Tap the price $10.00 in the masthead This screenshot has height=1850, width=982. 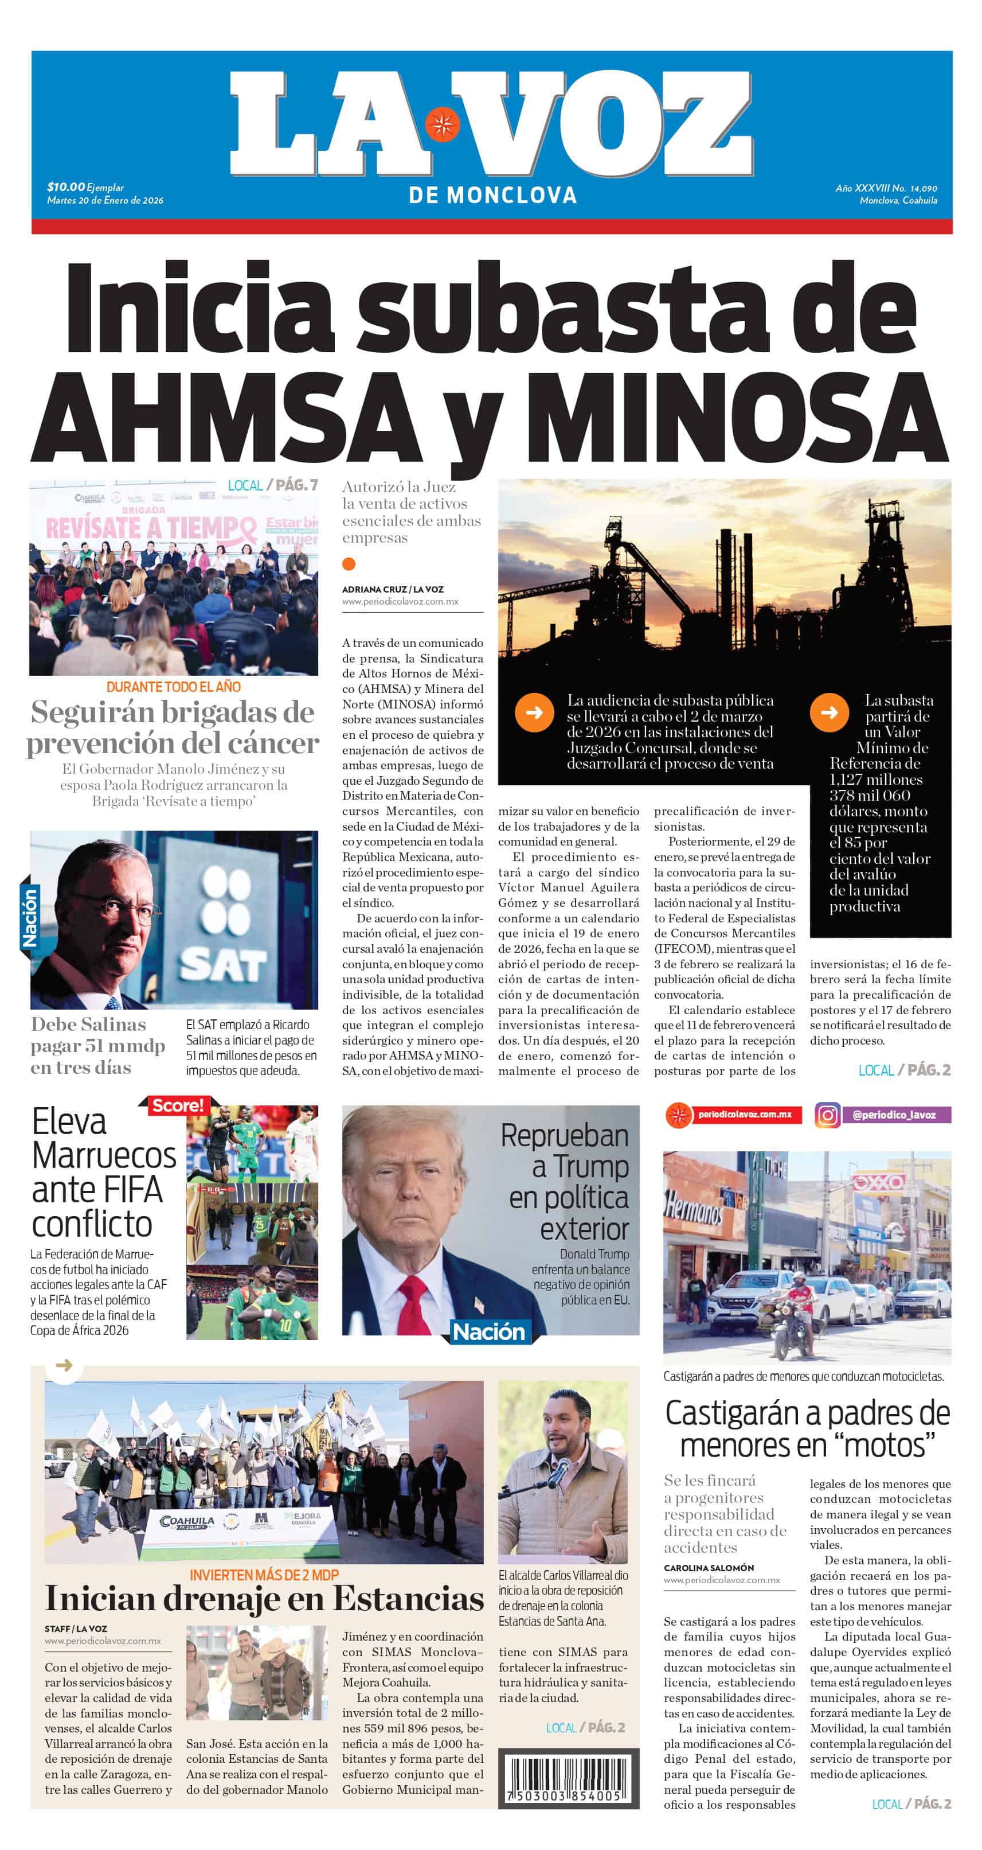[x=66, y=187]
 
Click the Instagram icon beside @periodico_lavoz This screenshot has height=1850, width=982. [x=827, y=1115]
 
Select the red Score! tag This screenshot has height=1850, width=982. [x=177, y=1105]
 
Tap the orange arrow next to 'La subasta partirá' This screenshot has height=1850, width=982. [x=829, y=712]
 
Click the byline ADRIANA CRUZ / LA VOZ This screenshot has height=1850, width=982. [x=392, y=589]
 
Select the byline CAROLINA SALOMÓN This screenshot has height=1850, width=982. [x=709, y=1567]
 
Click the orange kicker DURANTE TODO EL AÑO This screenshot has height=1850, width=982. [x=173, y=687]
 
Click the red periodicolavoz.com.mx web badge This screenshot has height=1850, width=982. [x=734, y=1115]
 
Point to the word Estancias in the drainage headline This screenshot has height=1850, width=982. [x=408, y=1599]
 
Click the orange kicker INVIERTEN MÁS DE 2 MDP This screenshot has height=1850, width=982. [x=264, y=1575]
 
